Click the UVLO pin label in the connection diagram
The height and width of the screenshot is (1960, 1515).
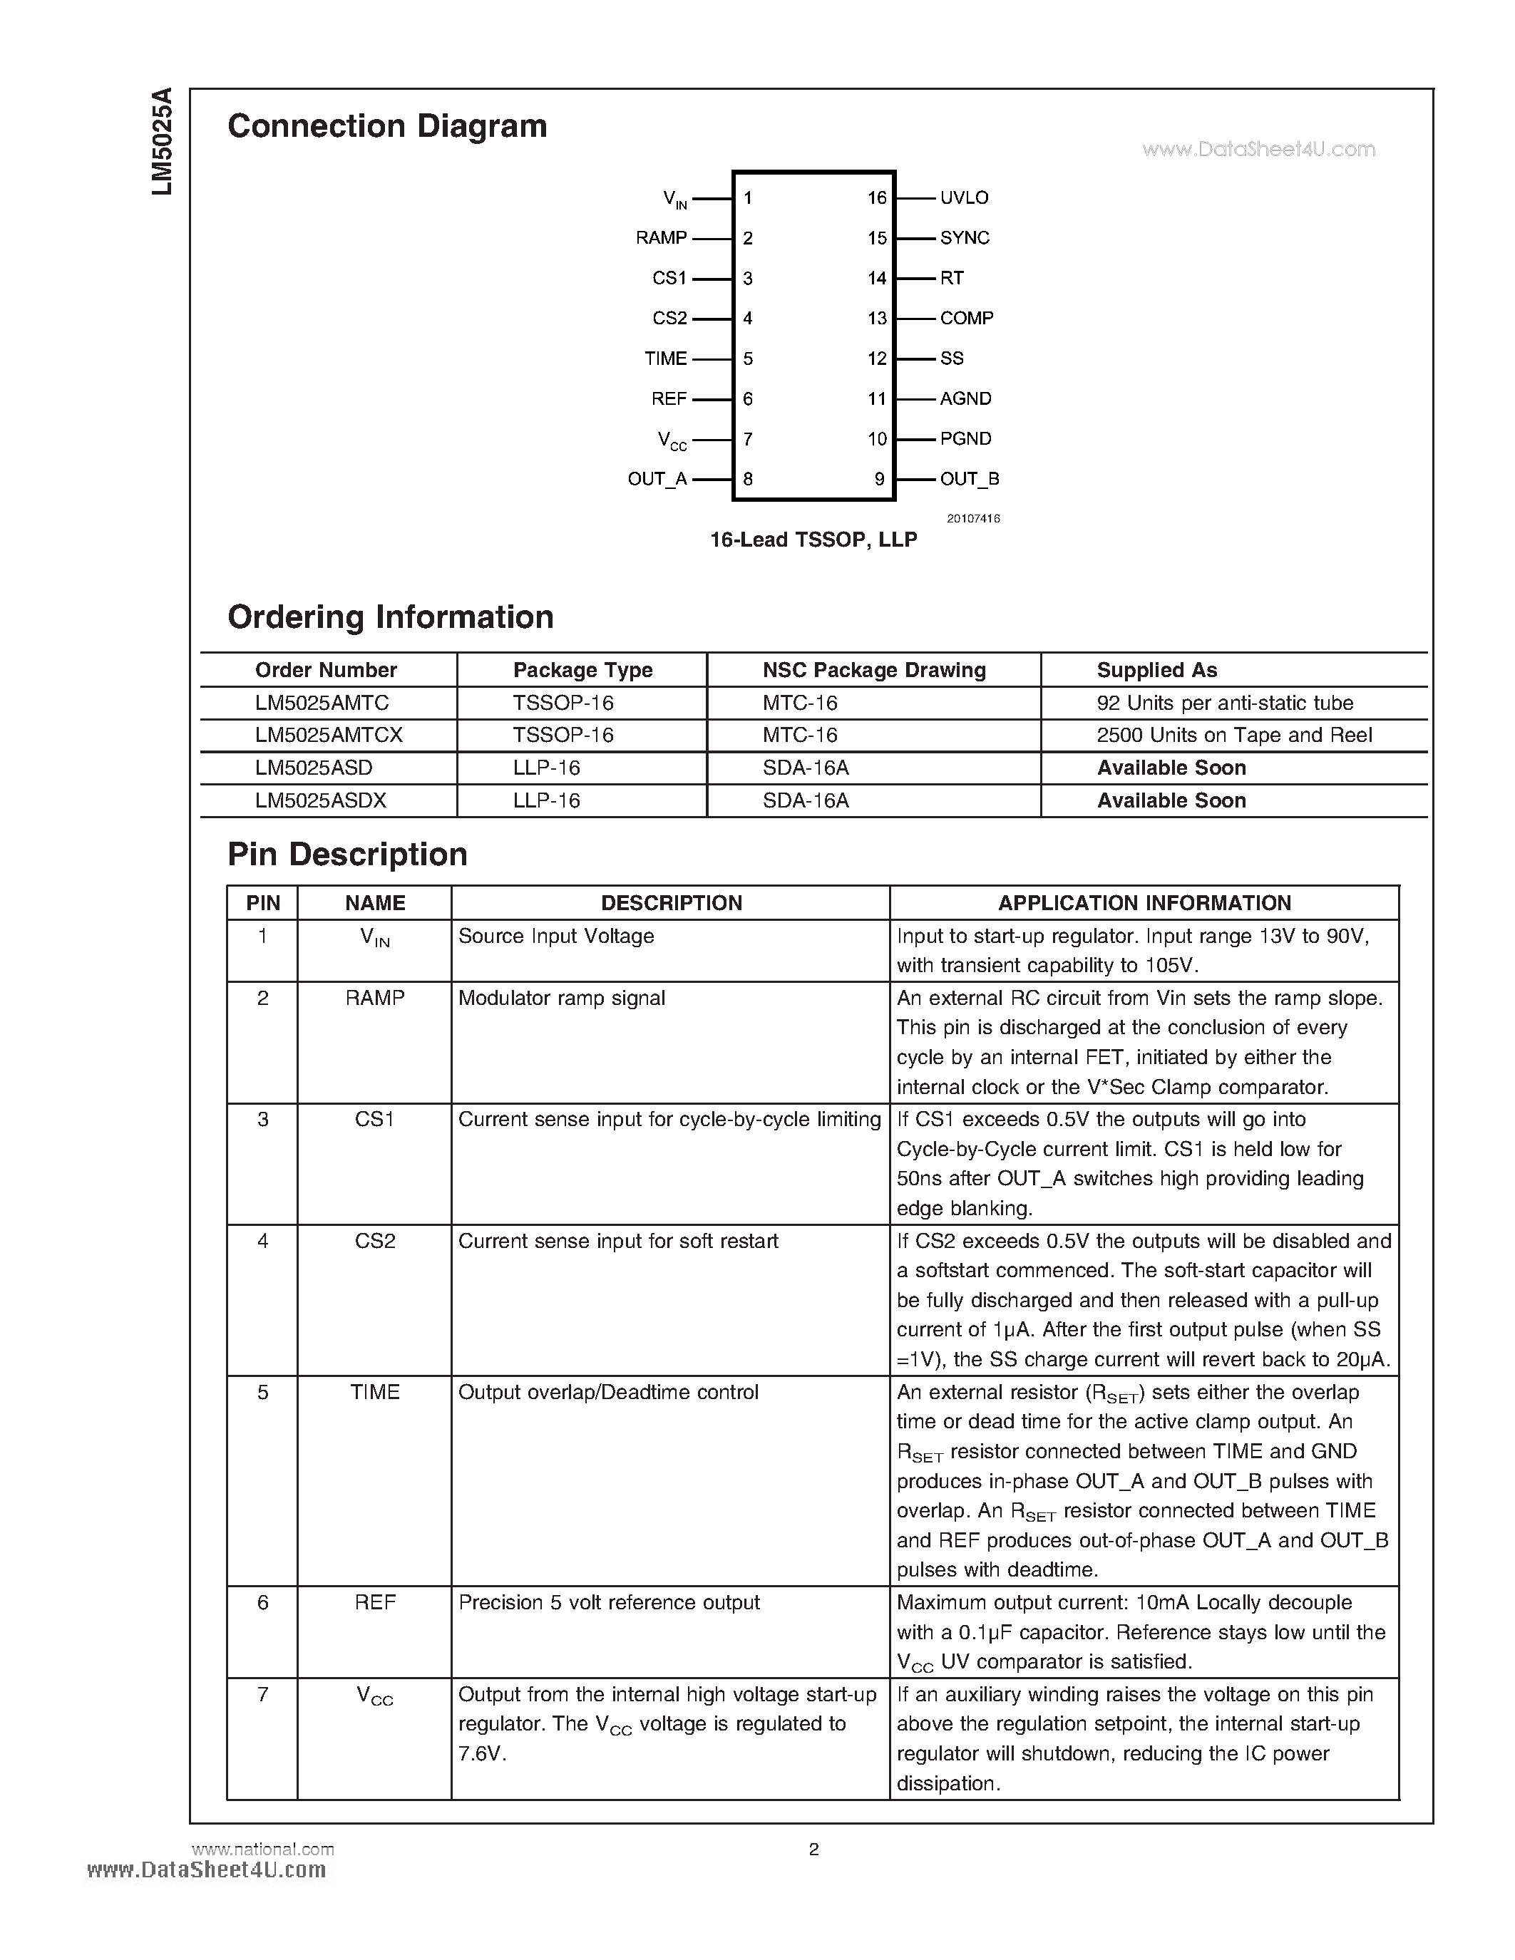point(964,197)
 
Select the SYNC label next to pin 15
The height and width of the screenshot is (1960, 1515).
point(964,238)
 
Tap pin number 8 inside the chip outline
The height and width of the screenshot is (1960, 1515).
point(748,479)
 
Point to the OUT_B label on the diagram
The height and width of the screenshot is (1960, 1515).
point(970,479)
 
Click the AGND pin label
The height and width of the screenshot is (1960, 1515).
point(965,398)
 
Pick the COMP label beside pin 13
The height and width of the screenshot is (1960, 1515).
point(966,319)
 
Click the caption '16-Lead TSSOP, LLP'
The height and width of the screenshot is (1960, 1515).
point(813,540)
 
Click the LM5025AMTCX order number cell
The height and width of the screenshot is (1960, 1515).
point(329,735)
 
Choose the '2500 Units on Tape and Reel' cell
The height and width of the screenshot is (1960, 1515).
point(1234,735)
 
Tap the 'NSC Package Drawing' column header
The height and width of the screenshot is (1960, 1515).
point(873,671)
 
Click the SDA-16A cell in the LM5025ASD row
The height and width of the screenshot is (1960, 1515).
point(805,768)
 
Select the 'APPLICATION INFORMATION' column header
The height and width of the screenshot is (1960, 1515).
point(1144,903)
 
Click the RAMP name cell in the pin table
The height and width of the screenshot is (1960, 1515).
point(374,998)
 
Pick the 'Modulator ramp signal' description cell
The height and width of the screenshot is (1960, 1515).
point(562,998)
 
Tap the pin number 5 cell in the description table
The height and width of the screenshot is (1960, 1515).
point(262,1392)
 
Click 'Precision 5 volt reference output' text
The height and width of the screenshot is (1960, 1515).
point(609,1602)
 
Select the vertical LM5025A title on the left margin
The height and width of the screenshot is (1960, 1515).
point(162,142)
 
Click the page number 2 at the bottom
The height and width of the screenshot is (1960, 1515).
point(813,1849)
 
